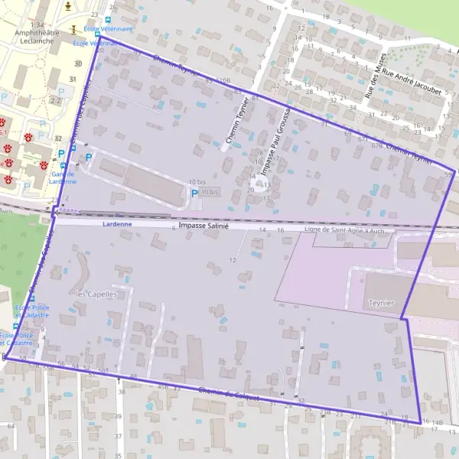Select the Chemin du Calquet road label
click(x=229, y=394)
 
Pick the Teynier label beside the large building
click(x=382, y=303)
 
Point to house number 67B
click(x=376, y=145)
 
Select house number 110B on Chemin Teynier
click(x=223, y=80)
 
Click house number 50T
click(x=103, y=369)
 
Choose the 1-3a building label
click(x=39, y=24)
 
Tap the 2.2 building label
click(x=55, y=100)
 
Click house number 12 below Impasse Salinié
click(x=233, y=260)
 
